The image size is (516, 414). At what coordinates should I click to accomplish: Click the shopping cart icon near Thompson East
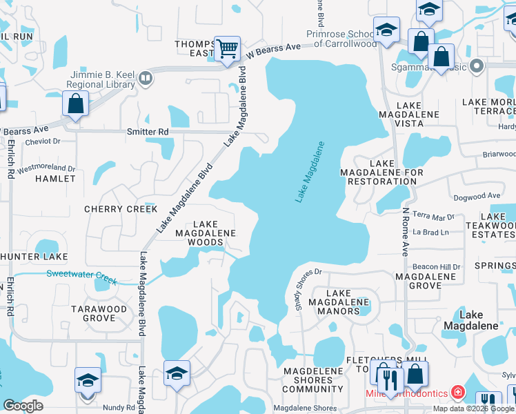227,49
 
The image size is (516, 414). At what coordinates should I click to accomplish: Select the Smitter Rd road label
147,131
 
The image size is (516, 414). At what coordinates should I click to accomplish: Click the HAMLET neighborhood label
55,178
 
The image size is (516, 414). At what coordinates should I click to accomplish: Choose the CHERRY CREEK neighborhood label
121,208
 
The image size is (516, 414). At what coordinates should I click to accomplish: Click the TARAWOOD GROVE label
99,313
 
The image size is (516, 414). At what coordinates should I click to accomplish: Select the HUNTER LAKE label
34,257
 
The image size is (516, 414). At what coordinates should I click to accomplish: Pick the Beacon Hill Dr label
436,266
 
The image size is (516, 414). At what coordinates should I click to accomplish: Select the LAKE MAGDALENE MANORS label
338,302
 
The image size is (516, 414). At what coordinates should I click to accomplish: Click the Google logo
23,406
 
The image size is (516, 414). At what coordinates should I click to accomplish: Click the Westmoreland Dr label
46,168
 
